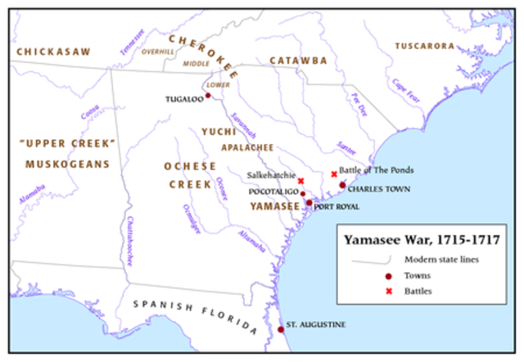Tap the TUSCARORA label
[x=427, y=46]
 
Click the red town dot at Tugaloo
[x=208, y=96]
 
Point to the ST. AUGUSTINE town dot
[x=281, y=329]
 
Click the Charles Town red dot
[x=342, y=185]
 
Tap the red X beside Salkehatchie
[x=300, y=181]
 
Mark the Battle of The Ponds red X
[x=333, y=174]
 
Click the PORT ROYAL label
[x=337, y=206]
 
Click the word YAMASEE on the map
[x=274, y=206]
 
